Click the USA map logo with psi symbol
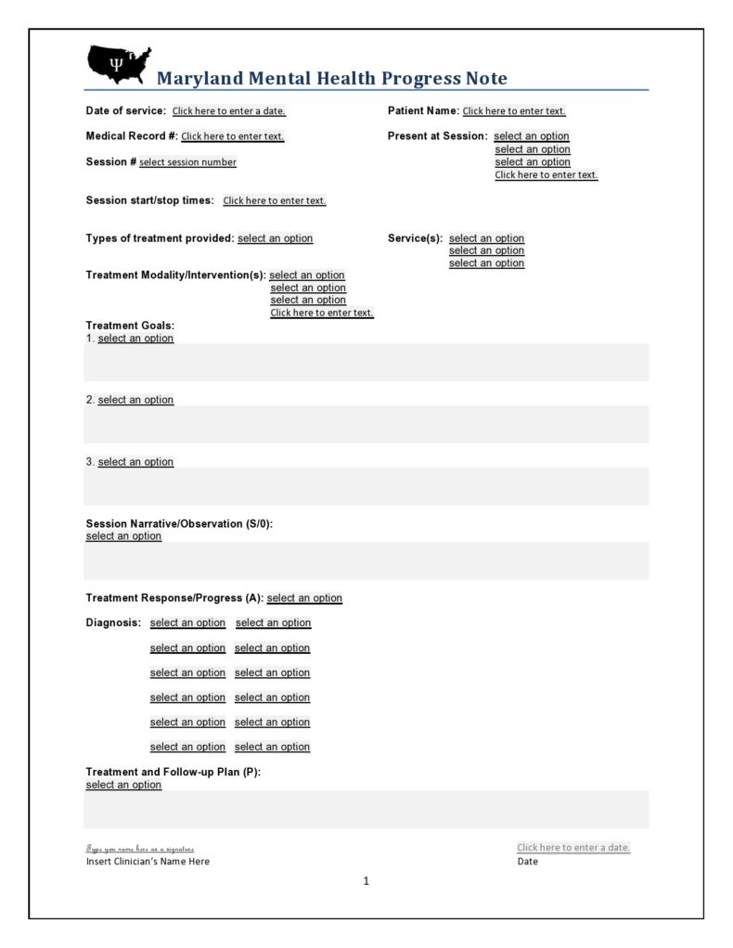pos(118,64)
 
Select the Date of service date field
pos(229,111)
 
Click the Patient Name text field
pos(514,111)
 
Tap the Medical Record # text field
pos(233,136)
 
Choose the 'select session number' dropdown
pos(187,162)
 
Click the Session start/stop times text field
pos(275,200)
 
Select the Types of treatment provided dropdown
pos(276,238)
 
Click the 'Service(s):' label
pos(415,238)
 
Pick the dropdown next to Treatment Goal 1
pos(135,339)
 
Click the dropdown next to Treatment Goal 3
pos(135,462)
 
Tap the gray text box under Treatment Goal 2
pos(366,424)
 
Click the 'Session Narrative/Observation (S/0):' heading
pos(179,524)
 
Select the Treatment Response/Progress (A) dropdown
pos(304,598)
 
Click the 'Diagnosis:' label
pos(113,622)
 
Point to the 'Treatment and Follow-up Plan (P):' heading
pos(174,773)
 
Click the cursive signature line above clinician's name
pos(140,848)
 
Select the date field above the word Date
pos(573,847)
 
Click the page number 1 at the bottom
pos(366,881)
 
